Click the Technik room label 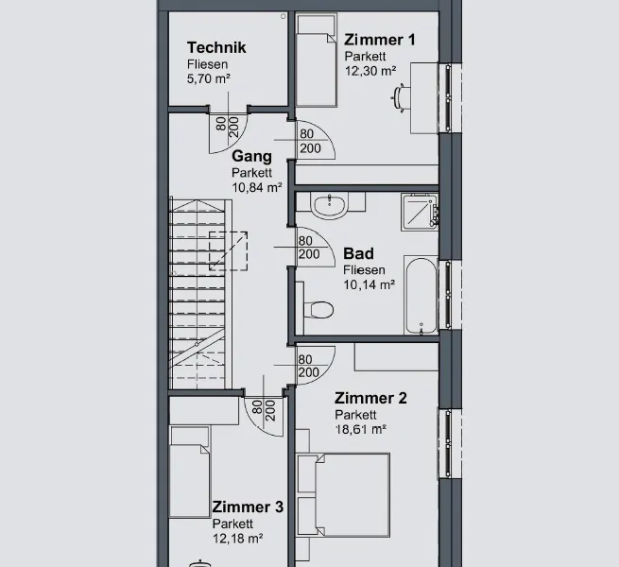pos(216,47)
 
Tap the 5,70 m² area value pos(209,78)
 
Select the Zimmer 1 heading pos(379,40)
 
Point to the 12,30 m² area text pos(370,71)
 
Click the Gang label pos(251,156)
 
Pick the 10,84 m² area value pos(257,187)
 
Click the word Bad pos(358,253)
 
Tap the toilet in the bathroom pos(318,310)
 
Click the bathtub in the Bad pos(421,296)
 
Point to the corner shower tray pos(420,212)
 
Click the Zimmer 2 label pos(370,398)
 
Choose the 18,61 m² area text pos(360,429)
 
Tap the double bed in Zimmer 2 pos(343,495)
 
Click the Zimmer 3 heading pos(248,507)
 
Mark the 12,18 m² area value pos(237,538)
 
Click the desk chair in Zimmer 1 pos(401,98)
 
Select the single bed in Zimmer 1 pos(317,60)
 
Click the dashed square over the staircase pos(228,251)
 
